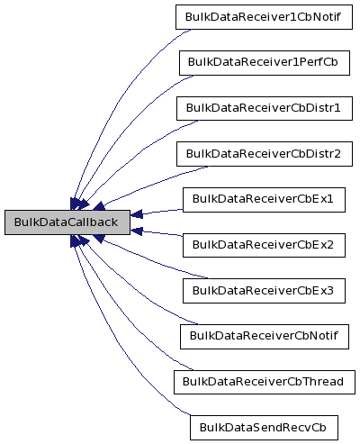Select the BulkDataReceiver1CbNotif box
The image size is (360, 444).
click(x=263, y=17)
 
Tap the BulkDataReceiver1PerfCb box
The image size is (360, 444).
click(x=263, y=63)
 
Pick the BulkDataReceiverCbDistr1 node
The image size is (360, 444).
click(x=263, y=108)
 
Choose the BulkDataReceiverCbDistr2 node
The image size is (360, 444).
click(x=263, y=153)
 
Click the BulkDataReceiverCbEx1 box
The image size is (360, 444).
click(x=263, y=199)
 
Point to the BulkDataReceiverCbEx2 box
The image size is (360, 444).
click(x=263, y=244)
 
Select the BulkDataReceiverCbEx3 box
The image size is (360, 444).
click(x=263, y=290)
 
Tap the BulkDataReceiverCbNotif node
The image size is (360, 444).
click(x=263, y=335)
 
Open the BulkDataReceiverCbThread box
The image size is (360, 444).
click(x=263, y=381)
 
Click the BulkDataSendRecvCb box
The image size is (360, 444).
click(x=263, y=426)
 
